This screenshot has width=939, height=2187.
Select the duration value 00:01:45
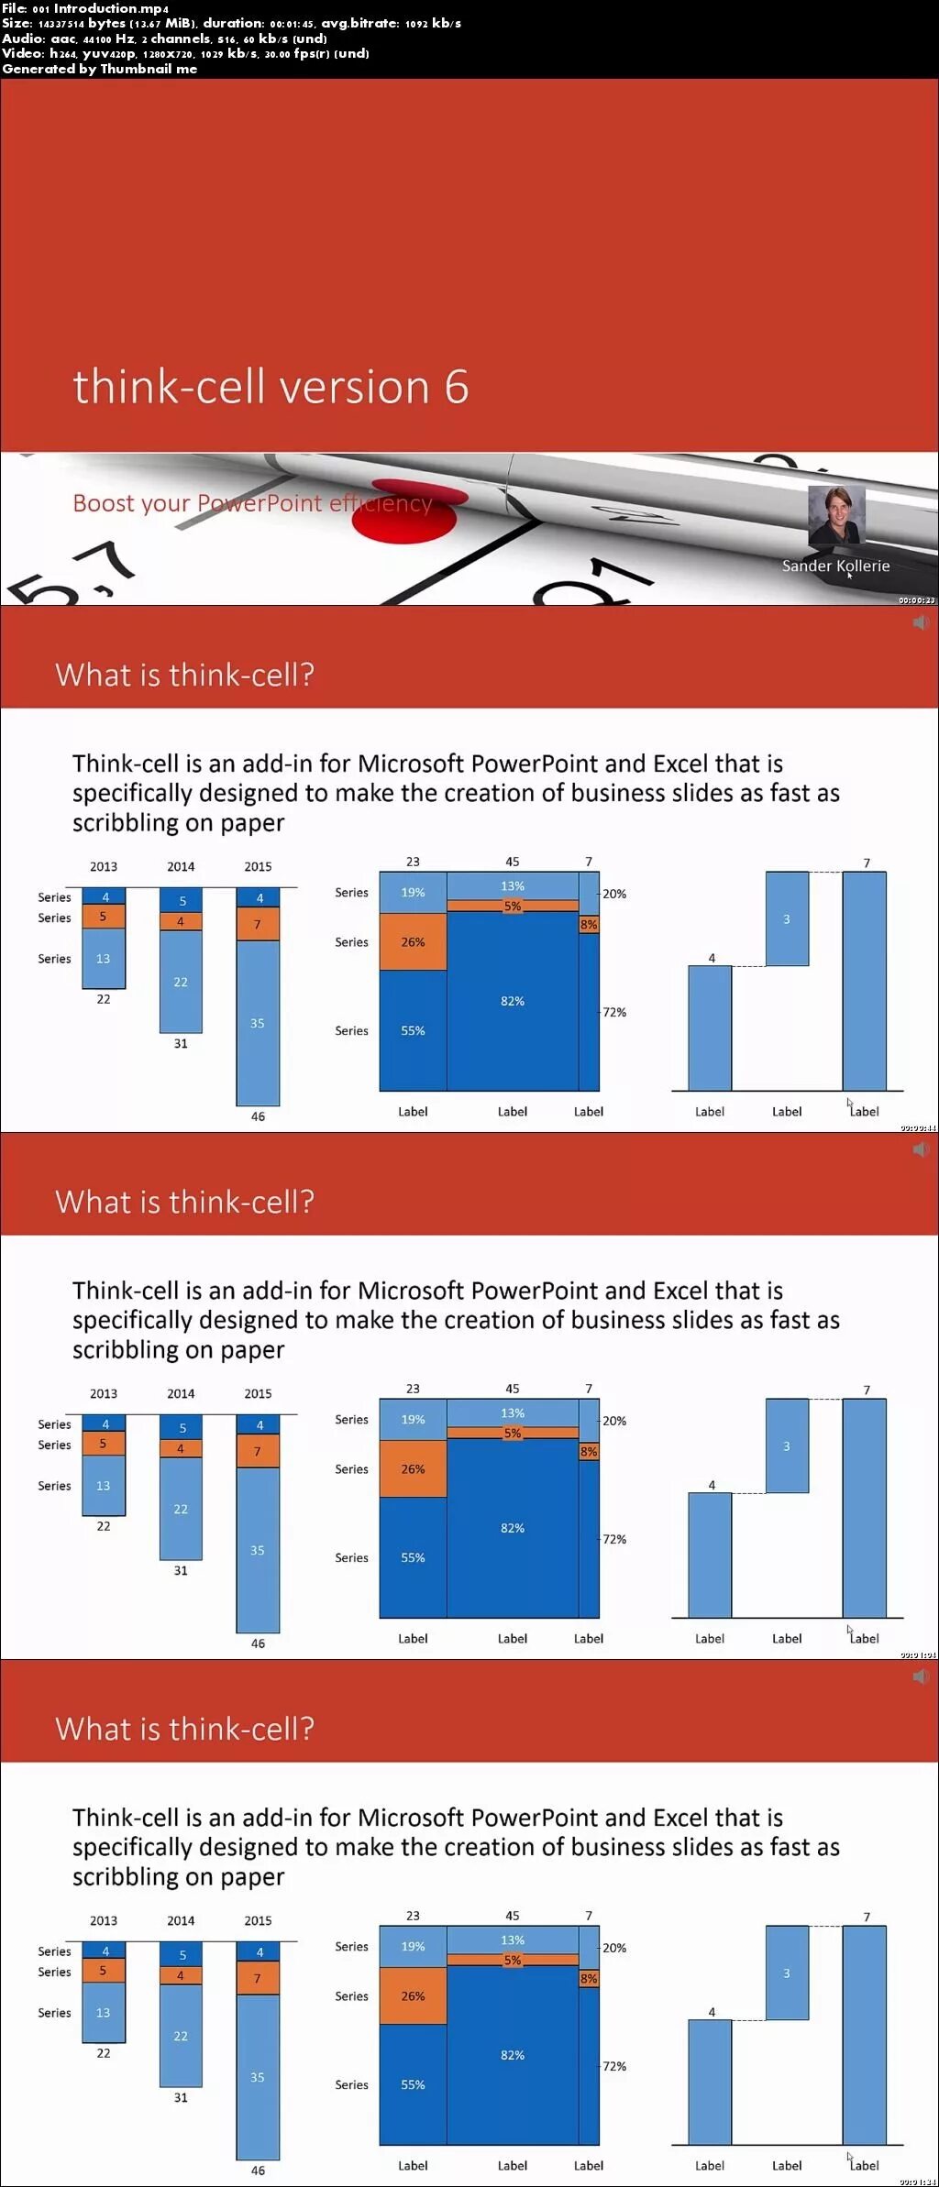(291, 24)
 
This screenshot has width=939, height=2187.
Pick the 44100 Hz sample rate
(109, 38)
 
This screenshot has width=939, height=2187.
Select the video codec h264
(63, 54)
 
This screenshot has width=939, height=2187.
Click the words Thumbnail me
(149, 69)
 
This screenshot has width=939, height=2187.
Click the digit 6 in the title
(457, 387)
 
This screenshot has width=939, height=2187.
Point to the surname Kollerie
(863, 566)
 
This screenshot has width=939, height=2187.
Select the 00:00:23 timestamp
(916, 600)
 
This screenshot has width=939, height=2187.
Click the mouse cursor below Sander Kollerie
(850, 576)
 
